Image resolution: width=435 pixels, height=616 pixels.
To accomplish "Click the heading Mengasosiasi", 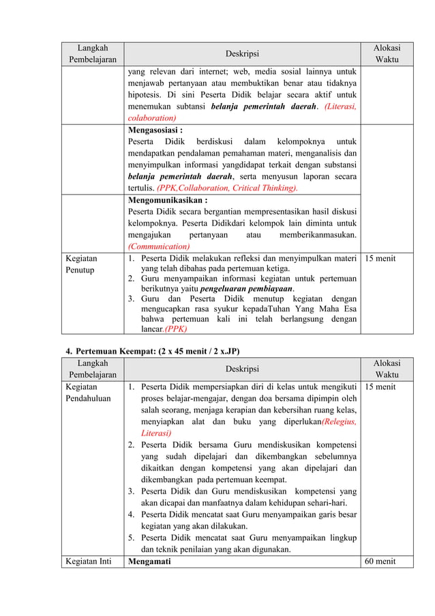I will (x=155, y=129).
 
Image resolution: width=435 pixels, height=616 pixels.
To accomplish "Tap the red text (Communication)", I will (x=159, y=247).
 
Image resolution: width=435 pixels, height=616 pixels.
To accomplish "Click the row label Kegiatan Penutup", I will (x=81, y=264).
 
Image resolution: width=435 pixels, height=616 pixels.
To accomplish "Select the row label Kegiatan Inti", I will (x=87, y=562).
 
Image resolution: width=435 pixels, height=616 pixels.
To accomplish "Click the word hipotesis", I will (x=145, y=94).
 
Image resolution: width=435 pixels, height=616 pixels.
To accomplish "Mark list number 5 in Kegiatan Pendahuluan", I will (x=132, y=537).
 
